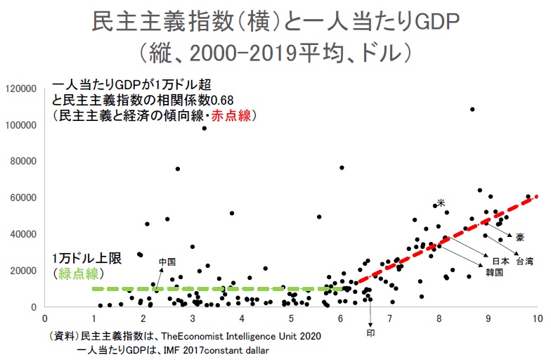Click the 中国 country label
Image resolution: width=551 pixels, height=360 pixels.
coord(167,261)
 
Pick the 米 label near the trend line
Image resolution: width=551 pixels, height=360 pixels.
coord(441,202)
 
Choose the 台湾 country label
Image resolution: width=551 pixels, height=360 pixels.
coord(524,261)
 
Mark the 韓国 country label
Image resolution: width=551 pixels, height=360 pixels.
coord(493,271)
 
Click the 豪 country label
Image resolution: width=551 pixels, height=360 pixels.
coord(518,237)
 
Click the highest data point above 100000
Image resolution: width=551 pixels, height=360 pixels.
coord(472,109)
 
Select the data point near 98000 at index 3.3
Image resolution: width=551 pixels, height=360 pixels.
coord(204,128)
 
